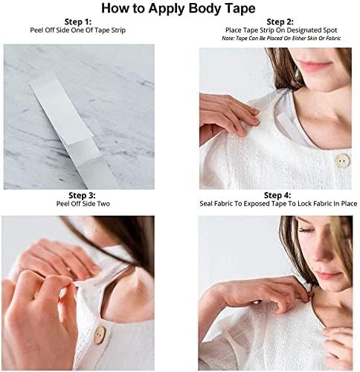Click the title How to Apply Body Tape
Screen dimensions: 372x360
[x=180, y=10]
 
